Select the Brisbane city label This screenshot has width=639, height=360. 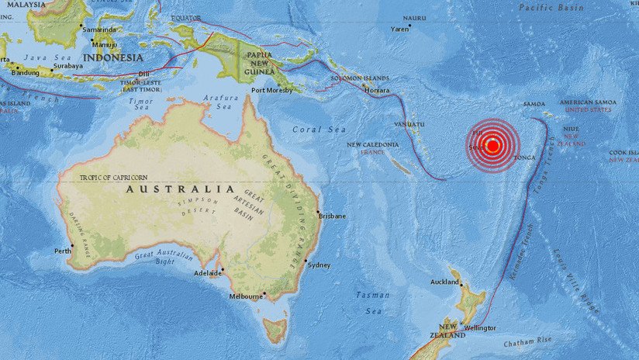coord(332,216)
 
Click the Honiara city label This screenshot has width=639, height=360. coord(377,91)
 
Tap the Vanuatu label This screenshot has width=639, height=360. coord(409,123)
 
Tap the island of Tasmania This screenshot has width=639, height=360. coord(275,329)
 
